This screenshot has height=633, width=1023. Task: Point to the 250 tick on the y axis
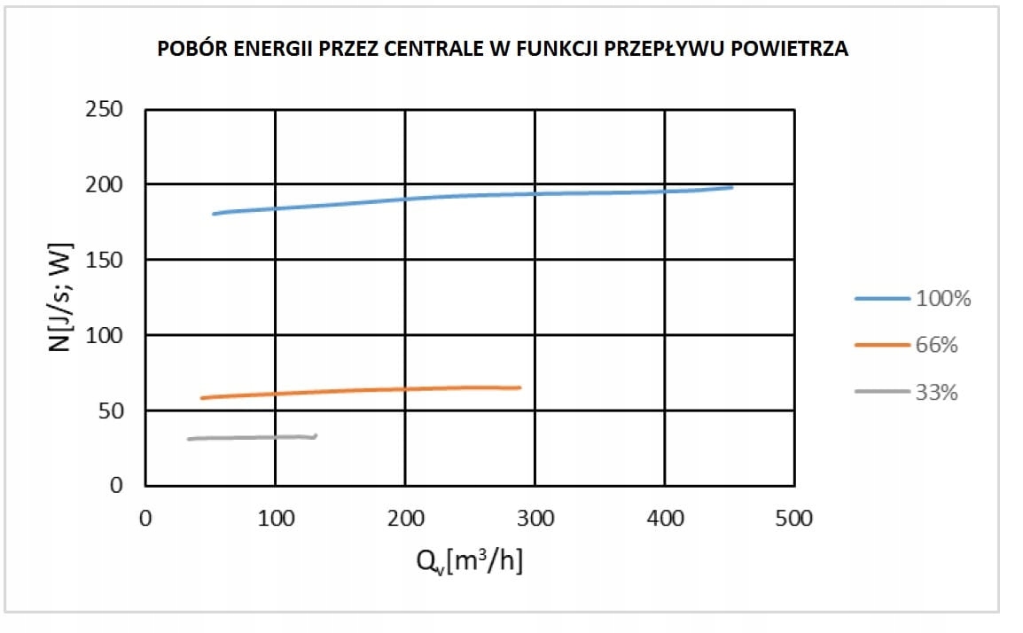[x=104, y=110]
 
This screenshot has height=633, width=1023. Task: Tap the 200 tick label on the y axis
[x=104, y=184]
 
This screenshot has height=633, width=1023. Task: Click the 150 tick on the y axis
[x=104, y=260]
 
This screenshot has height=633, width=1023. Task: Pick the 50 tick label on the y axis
[x=110, y=410]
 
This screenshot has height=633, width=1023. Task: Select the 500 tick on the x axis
[x=793, y=519]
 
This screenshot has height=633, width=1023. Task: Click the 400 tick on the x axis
[x=664, y=519]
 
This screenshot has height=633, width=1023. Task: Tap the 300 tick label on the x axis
[x=535, y=519]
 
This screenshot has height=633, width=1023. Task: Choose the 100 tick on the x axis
[x=275, y=519]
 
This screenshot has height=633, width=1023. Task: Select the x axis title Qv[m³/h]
[x=470, y=561]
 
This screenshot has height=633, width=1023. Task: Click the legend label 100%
[x=943, y=299]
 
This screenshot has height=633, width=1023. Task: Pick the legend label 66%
[x=936, y=346]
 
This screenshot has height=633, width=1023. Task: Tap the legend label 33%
[x=936, y=393]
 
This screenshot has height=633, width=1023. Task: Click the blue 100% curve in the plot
[x=443, y=196]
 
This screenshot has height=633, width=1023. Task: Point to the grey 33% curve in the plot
[x=248, y=437]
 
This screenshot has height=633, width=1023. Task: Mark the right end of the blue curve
[x=731, y=187]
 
